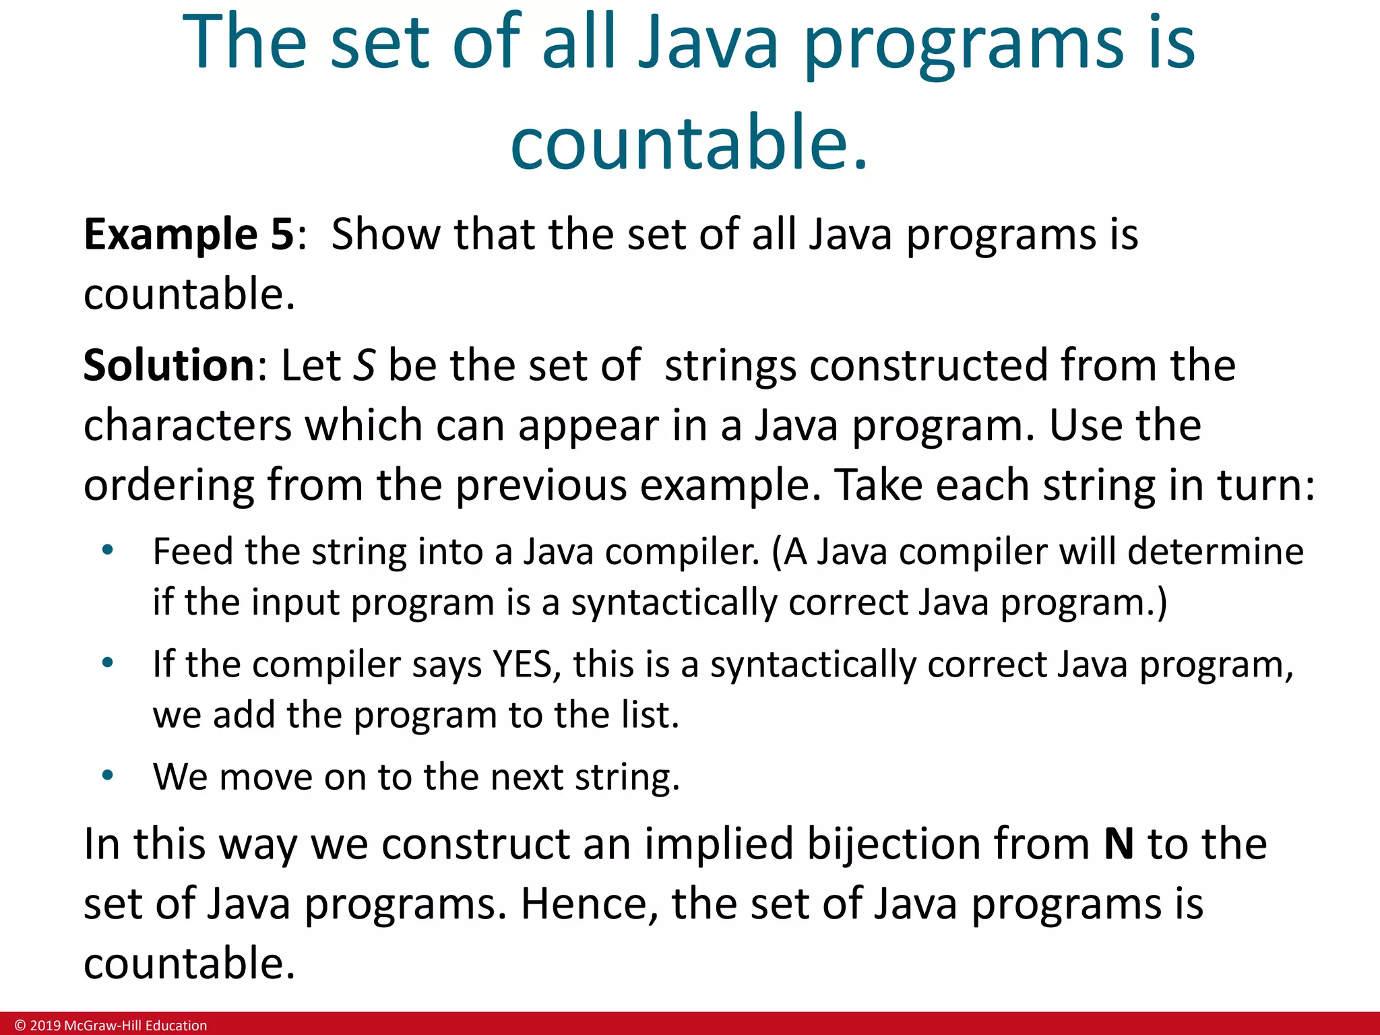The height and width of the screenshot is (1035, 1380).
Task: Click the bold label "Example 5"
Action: [x=188, y=234]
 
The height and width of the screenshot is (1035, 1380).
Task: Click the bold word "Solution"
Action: [x=168, y=365]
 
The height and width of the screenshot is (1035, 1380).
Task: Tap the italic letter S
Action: [x=365, y=365]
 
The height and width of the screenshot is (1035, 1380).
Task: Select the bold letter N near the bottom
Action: [x=1119, y=844]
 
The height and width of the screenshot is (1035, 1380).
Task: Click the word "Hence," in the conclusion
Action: [x=589, y=904]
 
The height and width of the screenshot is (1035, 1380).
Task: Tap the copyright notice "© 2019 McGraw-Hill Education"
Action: [x=111, y=1026]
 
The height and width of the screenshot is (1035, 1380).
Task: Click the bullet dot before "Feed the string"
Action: [x=107, y=551]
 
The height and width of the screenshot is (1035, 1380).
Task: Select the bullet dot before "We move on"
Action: [x=107, y=776]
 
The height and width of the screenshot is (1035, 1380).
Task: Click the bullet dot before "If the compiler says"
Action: [x=107, y=664]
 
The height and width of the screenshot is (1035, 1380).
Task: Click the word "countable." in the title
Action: [x=689, y=142]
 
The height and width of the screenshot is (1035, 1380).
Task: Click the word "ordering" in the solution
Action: [x=168, y=485]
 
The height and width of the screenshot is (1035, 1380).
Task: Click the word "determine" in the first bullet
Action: [x=1216, y=552]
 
